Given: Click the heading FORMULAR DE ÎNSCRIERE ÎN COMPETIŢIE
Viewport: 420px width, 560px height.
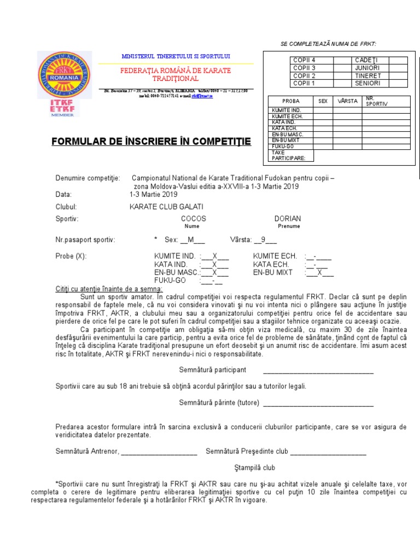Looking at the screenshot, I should coord(151,142).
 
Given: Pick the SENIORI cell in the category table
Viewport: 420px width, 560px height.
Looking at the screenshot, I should coord(367,83).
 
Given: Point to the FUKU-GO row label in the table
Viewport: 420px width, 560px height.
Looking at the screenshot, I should coord(283,146).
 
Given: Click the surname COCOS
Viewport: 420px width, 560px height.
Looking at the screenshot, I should coord(194,219).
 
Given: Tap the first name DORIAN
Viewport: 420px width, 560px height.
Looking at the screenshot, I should coord(288,219).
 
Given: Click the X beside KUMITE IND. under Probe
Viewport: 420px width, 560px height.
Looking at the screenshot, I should coord(215,256).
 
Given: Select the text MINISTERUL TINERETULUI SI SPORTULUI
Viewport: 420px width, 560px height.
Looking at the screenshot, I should coord(176,56).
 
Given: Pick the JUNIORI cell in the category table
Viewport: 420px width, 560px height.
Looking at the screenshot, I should coord(367,68).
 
